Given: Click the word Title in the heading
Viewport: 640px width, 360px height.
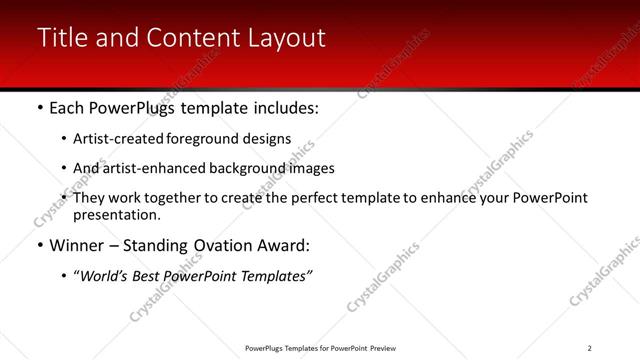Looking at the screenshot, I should pyautogui.click(x=63, y=38).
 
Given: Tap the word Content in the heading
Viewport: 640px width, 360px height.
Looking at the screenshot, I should pyautogui.click(x=189, y=38).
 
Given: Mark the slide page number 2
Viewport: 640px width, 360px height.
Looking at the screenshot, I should pyautogui.click(x=589, y=348).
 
